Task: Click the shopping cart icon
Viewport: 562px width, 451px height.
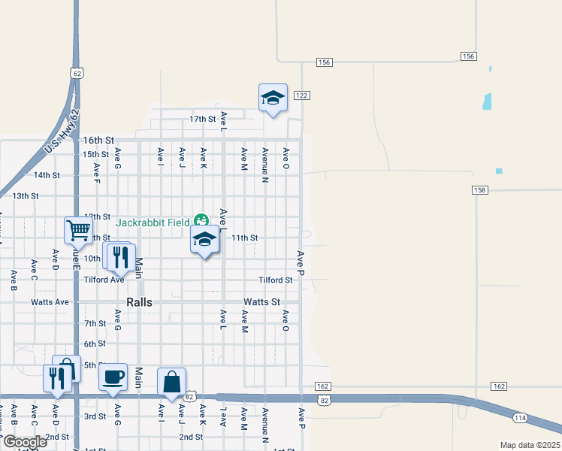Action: coord(78,229)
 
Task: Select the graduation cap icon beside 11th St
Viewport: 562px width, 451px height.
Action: coord(204,240)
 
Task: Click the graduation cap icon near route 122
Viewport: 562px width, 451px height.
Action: coord(273,98)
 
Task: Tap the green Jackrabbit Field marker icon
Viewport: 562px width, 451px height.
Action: coord(201,221)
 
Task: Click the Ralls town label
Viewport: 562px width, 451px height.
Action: coord(139,302)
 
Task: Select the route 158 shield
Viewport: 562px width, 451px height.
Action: coord(480,190)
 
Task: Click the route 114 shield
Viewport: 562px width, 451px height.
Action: coord(520,418)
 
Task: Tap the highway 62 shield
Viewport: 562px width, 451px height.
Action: coord(77,73)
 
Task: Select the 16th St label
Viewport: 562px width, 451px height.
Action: coord(98,141)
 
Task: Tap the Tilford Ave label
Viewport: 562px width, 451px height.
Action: coord(104,280)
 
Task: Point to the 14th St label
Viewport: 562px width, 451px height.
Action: coord(47,175)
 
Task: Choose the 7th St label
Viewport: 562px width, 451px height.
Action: coord(95,324)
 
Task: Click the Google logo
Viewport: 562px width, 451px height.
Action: coord(25,442)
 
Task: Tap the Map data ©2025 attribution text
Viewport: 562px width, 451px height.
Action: coord(530,445)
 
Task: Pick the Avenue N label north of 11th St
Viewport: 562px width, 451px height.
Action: coord(265,164)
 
